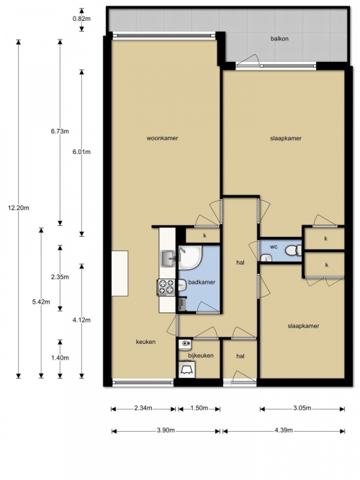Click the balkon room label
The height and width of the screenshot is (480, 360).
(x=279, y=39)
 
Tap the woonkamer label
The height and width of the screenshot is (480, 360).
(x=162, y=138)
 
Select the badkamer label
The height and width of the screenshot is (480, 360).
(x=202, y=282)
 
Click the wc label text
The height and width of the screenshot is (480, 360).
(x=274, y=246)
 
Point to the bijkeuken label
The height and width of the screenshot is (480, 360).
(x=201, y=356)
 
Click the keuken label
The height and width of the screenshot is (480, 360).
(x=145, y=342)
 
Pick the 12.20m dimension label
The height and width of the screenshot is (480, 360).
(x=19, y=208)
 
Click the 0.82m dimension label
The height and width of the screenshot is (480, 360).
(x=81, y=19)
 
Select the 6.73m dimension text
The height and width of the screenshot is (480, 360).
(x=60, y=131)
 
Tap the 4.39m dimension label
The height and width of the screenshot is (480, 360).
(x=284, y=430)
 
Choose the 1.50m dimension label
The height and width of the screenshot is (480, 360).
(x=199, y=408)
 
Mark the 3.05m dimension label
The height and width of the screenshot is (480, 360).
(x=302, y=408)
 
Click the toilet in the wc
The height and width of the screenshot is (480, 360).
(x=294, y=250)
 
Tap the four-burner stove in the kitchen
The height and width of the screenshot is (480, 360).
(x=166, y=287)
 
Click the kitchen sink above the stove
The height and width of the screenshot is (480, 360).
(x=167, y=258)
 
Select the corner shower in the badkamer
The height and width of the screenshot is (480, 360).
(x=190, y=258)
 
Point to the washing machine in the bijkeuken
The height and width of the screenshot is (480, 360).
(x=187, y=369)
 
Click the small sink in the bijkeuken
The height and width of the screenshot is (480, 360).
(x=185, y=345)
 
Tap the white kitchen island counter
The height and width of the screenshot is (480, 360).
(x=120, y=273)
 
